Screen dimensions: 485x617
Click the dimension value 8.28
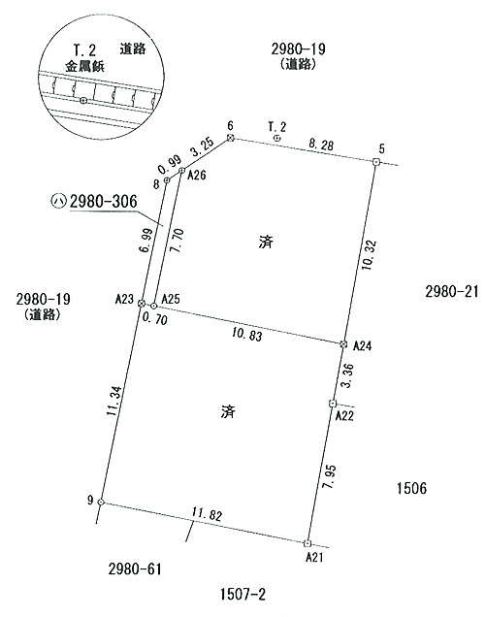pos(321,145)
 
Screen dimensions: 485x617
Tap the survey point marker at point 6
pos(231,138)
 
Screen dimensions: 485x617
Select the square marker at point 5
pos(376,162)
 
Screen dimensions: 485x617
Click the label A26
pos(196,175)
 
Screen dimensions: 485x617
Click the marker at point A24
pos(343,344)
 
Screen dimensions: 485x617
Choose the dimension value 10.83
pos(247,335)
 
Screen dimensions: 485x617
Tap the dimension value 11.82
pos(207,515)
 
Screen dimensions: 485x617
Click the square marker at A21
pos(307,543)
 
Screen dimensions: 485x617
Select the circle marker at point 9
pos(101,502)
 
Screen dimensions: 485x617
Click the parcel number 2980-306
pos(104,202)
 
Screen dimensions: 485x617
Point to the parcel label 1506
pos(411,488)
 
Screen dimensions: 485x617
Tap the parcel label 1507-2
pos(242,594)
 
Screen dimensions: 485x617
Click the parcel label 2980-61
pos(135,568)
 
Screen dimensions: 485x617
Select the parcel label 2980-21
pos(452,292)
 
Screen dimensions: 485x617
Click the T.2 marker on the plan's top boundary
pos(277,138)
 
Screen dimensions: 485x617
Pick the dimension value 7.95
pos(330,477)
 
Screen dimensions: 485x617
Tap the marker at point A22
pos(333,404)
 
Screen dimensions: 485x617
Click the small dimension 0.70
pos(154,319)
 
